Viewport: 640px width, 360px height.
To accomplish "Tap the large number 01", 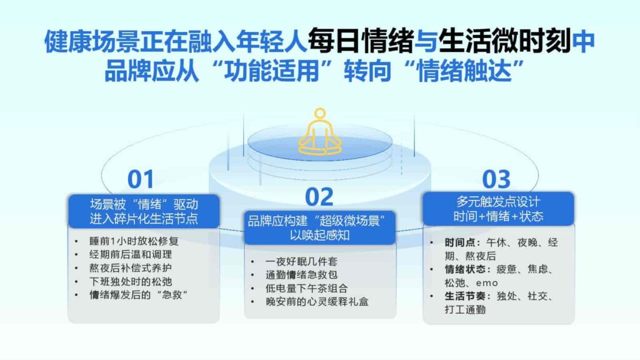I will (141, 179).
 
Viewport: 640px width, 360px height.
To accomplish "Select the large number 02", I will (319, 197).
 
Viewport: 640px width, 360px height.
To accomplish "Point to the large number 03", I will (497, 179).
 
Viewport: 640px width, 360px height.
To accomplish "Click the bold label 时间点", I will (459, 242).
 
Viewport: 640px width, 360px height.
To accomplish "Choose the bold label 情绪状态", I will (464, 269).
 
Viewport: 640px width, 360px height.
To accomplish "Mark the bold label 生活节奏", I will (464, 296).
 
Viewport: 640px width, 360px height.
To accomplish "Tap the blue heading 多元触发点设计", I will (498, 202).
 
